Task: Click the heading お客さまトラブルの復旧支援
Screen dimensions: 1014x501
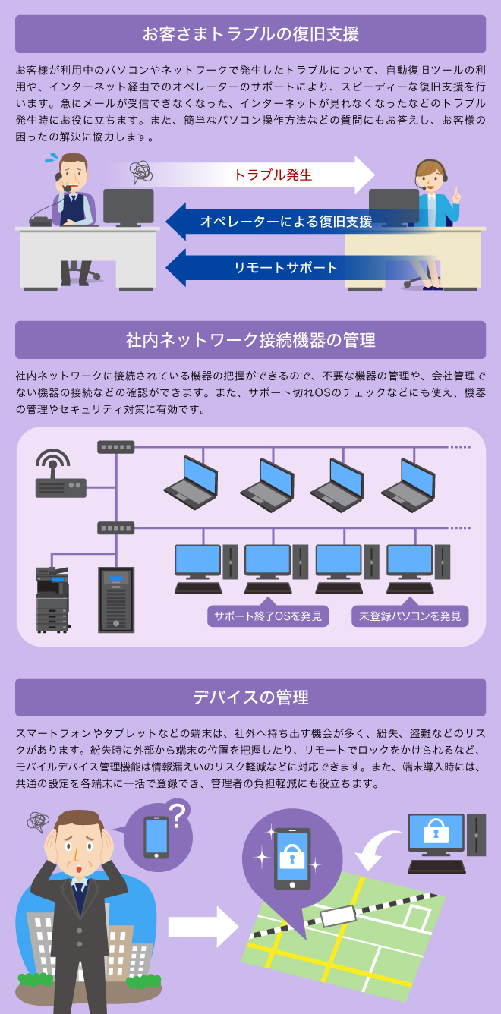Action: coord(250,34)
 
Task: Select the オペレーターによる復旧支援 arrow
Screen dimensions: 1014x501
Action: coord(285,222)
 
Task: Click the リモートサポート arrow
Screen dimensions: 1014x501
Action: coord(285,267)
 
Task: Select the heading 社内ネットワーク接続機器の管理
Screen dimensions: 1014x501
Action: coord(250,340)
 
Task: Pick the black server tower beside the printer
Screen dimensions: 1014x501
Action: coord(115,600)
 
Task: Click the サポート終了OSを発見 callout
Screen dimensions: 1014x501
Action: coord(268,616)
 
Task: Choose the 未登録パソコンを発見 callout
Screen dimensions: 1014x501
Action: coord(410,616)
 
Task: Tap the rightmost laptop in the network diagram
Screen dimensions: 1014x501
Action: coord(408,483)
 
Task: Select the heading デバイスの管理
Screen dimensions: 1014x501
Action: coord(250,697)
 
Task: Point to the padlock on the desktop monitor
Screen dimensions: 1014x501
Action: coord(436,833)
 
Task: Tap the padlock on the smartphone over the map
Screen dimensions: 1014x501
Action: coord(291,858)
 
